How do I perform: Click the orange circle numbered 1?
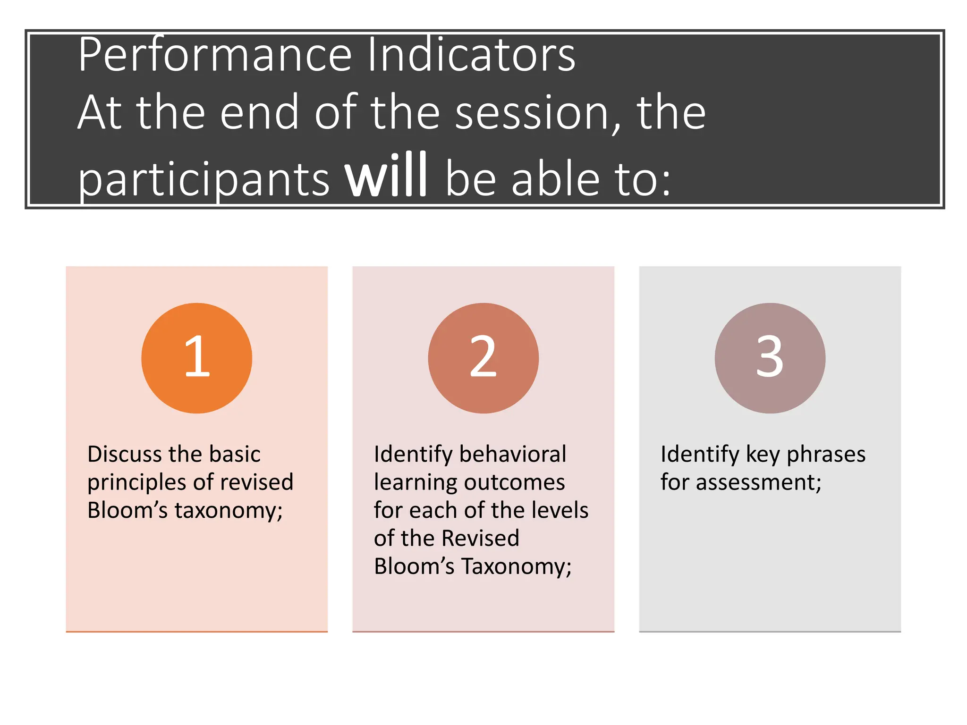tap(196, 358)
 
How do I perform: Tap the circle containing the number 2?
tap(483, 358)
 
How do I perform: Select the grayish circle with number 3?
tap(770, 358)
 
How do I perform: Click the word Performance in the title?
tap(215, 56)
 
